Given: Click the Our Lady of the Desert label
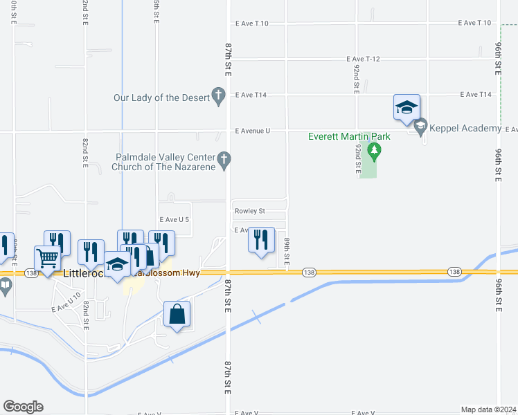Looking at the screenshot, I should click(161, 98).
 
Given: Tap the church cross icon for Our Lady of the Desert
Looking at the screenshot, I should click(219, 97).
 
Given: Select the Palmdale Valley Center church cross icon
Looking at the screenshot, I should click(224, 160).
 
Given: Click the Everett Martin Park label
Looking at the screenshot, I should click(349, 136).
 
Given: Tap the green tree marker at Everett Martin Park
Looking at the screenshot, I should click(374, 150).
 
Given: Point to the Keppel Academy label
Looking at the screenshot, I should click(465, 129).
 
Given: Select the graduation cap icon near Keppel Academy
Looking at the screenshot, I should click(407, 107).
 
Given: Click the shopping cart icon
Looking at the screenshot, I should click(48, 259).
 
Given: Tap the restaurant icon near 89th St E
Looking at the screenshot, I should click(261, 240).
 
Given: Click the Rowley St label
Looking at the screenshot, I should click(250, 212).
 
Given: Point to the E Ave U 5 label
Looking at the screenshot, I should click(174, 219).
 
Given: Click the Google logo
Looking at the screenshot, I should click(23, 407).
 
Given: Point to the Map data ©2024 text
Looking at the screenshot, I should click(488, 409).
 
